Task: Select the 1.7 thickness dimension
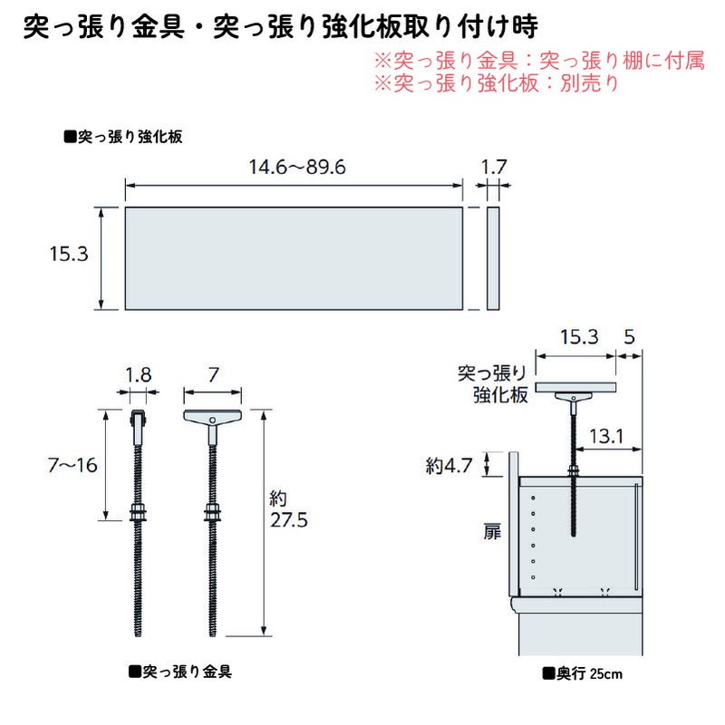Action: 493,168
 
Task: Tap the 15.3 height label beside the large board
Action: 69,256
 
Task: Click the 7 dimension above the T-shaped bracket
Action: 212,373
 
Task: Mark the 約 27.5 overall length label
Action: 289,510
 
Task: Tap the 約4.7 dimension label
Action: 449,467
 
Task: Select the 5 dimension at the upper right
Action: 630,337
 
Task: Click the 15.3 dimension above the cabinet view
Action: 578,337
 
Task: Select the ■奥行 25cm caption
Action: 582,673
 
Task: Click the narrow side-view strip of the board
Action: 493,257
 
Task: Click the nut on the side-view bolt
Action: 138,514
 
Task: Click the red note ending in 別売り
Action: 496,83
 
